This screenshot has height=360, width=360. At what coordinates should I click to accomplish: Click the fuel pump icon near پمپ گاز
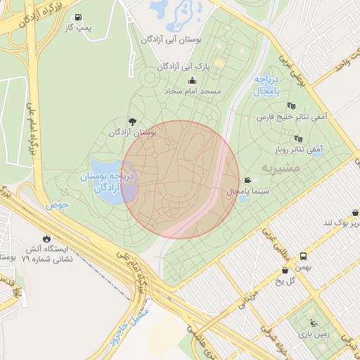coord(77,18)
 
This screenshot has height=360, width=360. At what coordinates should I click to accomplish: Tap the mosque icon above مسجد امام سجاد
coord(192,81)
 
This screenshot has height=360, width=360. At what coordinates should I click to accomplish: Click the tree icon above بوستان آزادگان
coord(132,122)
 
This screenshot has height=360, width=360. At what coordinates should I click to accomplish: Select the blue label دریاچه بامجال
coord(267,85)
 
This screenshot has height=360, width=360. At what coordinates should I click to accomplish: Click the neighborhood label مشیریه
coord(281,167)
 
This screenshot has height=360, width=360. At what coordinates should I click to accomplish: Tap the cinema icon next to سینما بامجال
coord(247,180)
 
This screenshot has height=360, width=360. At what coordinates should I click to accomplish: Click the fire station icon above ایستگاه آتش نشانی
coord(47,239)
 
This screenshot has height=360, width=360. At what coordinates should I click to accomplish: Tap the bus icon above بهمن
coord(303,257)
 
